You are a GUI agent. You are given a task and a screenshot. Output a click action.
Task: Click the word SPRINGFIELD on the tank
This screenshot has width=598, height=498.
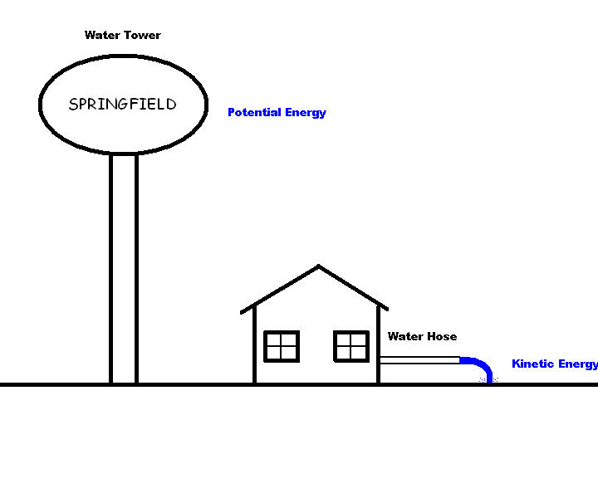[122, 105]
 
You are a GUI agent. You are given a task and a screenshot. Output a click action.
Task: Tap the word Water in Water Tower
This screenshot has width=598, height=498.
[100, 36]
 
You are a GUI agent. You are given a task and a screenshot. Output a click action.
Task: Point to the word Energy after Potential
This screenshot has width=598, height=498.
[305, 113]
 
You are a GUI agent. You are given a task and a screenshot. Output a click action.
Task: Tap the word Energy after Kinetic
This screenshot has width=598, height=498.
[579, 364]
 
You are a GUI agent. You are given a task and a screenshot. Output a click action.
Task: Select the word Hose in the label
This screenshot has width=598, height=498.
[441, 336]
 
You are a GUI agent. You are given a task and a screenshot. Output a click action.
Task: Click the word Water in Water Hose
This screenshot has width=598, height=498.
[404, 336]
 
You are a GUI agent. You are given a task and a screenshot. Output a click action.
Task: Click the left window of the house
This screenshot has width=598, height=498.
[282, 346]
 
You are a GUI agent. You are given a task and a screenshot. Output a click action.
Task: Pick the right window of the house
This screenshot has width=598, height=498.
[351, 346]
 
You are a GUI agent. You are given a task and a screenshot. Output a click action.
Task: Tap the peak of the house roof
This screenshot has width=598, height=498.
[318, 267]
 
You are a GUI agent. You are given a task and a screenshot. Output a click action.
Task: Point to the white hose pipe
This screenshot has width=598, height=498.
[419, 360]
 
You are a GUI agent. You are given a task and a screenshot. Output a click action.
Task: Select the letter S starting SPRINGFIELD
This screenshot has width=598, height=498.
[73, 105]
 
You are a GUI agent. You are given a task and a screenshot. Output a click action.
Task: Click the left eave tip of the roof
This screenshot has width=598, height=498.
[243, 312]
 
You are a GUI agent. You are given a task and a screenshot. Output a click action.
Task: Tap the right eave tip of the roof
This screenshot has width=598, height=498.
[386, 308]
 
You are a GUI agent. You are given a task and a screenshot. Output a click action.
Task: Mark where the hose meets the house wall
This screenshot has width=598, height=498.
[380, 360]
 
